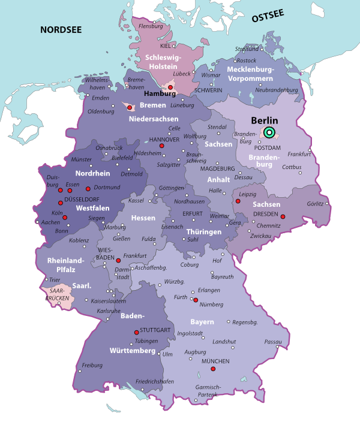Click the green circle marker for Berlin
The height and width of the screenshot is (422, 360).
[269, 132]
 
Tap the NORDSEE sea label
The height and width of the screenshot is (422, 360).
[61, 29]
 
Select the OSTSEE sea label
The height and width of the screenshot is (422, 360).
[268, 18]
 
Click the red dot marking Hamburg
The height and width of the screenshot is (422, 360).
[170, 88]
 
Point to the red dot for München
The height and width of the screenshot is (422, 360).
[213, 369]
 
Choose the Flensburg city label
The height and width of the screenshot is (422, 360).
[151, 26]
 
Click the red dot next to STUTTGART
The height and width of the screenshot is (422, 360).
[137, 331]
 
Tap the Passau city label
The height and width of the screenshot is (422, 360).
[273, 342]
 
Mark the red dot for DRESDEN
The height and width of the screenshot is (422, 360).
[283, 216]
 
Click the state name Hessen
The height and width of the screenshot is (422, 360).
[143, 218]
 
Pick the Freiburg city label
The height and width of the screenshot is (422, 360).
[92, 365]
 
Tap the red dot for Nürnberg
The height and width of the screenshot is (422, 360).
[195, 300]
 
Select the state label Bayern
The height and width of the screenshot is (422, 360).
[202, 322]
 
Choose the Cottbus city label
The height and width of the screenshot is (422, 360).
[292, 167]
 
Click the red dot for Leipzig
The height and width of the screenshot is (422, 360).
[238, 201]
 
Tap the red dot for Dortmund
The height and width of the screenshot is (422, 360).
[88, 188]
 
